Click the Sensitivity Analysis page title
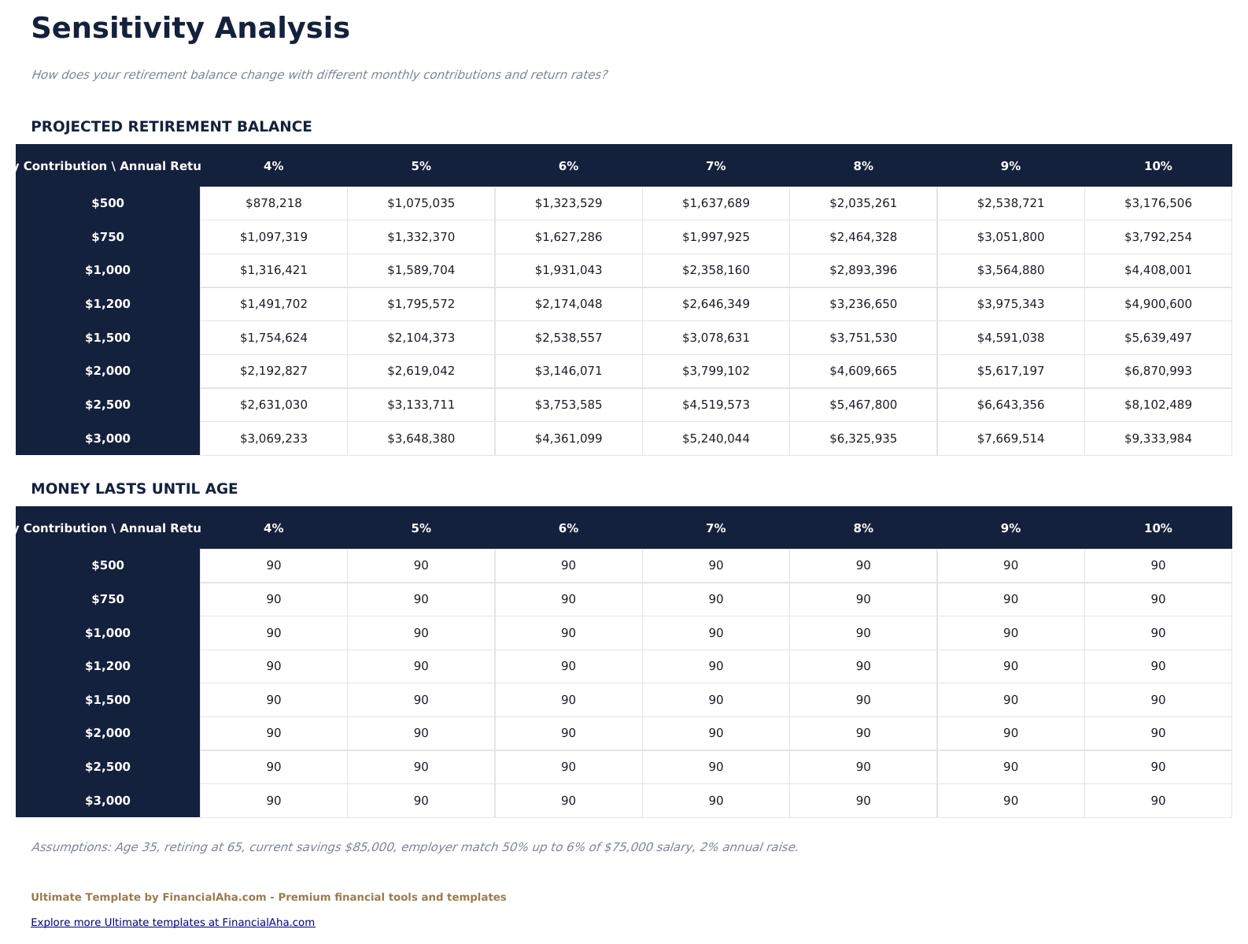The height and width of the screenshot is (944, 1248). [x=190, y=29]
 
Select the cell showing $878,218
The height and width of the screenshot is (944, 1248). [x=274, y=203]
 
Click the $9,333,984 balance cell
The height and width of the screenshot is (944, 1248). [x=1158, y=439]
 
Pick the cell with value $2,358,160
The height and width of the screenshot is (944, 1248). [x=715, y=270]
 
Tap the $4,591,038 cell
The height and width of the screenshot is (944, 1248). [x=1010, y=338]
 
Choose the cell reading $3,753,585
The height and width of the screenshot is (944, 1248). [x=568, y=405]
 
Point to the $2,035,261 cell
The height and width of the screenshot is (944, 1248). [x=863, y=203]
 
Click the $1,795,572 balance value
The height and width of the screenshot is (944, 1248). [x=421, y=304]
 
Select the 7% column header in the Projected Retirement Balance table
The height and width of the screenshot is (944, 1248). [x=715, y=166]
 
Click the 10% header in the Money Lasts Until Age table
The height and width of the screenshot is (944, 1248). [x=1158, y=528]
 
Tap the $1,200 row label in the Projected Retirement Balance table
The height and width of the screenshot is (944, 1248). [x=108, y=304]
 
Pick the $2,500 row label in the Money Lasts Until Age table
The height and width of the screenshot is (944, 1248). [x=108, y=767]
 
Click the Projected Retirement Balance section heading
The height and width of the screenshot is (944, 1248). [x=172, y=127]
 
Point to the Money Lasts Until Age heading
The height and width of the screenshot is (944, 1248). [x=135, y=489]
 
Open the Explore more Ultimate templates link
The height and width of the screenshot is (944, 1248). [x=173, y=923]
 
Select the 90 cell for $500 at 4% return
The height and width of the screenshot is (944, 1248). [x=274, y=565]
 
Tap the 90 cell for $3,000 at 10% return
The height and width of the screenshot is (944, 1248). [x=1158, y=801]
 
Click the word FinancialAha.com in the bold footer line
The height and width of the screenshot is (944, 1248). [x=214, y=898]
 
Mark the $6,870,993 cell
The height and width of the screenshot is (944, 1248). [x=1158, y=371]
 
